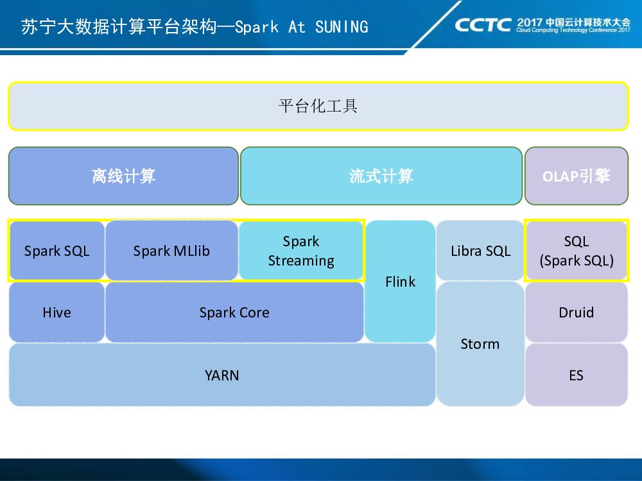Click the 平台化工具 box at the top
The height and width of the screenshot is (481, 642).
point(318,106)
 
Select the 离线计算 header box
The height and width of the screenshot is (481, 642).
point(123,176)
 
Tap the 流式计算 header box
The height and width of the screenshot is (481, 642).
point(381,176)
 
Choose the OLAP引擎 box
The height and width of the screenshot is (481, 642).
point(576,176)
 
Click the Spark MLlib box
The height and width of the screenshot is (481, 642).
point(171,251)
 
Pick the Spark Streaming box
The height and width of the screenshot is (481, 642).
point(301,251)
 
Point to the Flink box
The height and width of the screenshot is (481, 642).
point(400,282)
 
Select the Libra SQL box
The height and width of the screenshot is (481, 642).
point(480,251)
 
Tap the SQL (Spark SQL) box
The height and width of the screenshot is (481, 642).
point(576,251)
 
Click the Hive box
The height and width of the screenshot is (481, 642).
point(56,312)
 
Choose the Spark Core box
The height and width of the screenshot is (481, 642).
point(234,312)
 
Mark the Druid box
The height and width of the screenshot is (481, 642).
point(576,312)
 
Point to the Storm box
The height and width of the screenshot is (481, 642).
point(480,344)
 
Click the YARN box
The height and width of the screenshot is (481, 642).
point(221,375)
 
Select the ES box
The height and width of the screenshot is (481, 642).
point(576,375)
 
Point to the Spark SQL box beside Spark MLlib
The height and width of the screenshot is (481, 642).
point(56,251)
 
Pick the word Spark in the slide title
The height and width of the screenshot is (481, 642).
point(257,27)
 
